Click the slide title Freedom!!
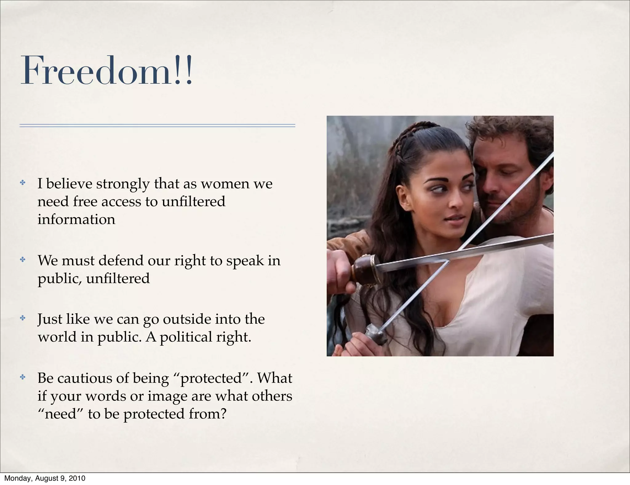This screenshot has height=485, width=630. (106, 71)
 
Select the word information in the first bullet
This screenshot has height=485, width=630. (76, 219)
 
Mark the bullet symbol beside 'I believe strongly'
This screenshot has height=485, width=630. (22, 183)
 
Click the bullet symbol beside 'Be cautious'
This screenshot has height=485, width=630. (22, 377)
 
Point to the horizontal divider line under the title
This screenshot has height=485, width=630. (157, 126)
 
